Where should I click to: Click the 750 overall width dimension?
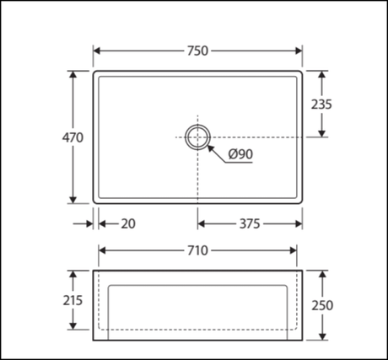tap(197, 51)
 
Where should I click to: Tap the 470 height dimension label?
tap(73, 137)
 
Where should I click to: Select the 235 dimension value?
tap(321, 105)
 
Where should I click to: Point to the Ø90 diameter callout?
tap(240, 154)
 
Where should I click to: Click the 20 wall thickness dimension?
tap(128, 223)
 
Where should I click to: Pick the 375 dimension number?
tap(250, 224)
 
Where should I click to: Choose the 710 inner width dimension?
tap(197, 250)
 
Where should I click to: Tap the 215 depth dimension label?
tap(73, 300)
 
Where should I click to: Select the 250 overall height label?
tap(322, 305)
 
